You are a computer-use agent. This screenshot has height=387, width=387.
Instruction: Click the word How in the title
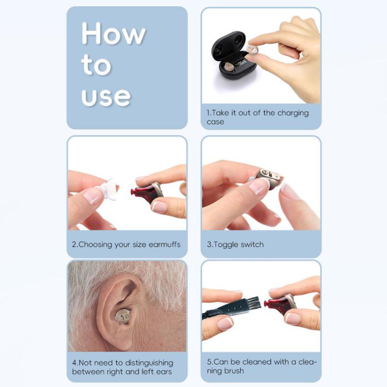coord(113,35)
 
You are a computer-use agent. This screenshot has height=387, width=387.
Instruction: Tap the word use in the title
coord(106,96)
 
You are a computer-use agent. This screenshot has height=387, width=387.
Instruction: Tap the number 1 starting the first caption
coord(208,112)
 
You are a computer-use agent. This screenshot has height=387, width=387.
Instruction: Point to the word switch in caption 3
coord(252,244)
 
